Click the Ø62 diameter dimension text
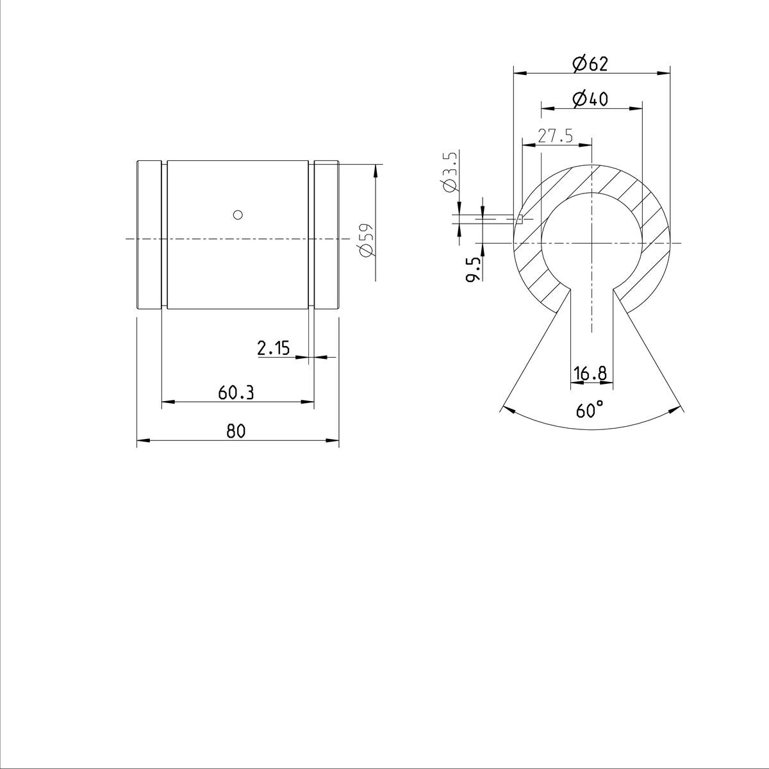(590, 63)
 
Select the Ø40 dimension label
(590, 99)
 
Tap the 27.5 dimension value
(555, 136)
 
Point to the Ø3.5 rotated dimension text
(449, 171)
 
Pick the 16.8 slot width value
(591, 373)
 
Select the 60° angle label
(590, 410)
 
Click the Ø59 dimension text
(365, 240)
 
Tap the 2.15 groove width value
(274, 348)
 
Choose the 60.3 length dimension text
(236, 393)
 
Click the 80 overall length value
(236, 431)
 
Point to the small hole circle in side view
(238, 214)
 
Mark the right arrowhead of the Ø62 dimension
(665, 73)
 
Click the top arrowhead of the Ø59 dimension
(376, 170)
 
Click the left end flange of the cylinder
(148, 236)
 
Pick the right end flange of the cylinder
(326, 236)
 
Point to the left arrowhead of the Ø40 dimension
(547, 109)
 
